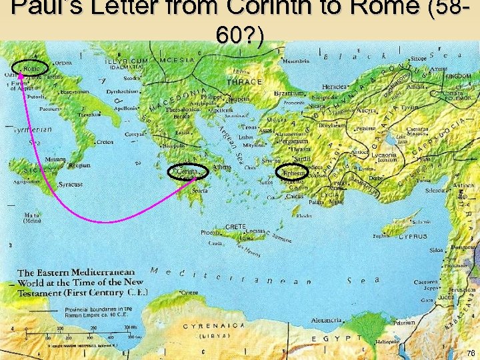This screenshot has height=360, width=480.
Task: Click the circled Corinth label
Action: pyautogui.click(x=187, y=172)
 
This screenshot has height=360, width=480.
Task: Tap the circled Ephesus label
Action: pyautogui.click(x=293, y=173)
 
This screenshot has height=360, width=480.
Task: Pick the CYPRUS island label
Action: pyautogui.click(x=413, y=237)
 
